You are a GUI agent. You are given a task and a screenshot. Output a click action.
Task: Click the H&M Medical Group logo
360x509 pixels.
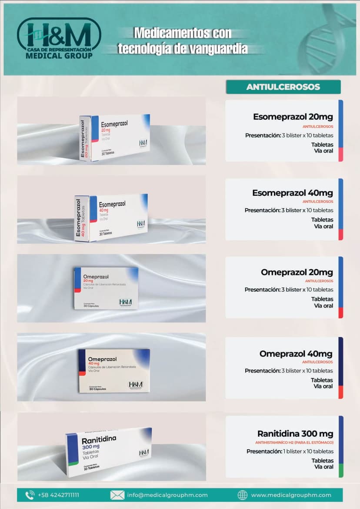[59, 38]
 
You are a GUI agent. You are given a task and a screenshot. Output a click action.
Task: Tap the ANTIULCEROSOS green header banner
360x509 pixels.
[283, 87]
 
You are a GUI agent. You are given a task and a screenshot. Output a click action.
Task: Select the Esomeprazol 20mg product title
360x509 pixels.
[293, 117]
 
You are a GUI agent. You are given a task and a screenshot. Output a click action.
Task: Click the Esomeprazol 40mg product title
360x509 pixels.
[293, 193]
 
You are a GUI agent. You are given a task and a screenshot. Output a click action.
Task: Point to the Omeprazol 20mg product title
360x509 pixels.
[297, 272]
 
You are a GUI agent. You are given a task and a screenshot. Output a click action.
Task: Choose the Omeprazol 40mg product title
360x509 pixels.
[296, 354]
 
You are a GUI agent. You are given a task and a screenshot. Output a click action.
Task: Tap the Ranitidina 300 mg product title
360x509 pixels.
[295, 434]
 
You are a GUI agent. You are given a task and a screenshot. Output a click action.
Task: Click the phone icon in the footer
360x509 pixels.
[30, 495]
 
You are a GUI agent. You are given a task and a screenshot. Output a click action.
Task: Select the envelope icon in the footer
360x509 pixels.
[117, 495]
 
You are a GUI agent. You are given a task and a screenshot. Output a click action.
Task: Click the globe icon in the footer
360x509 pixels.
[243, 495]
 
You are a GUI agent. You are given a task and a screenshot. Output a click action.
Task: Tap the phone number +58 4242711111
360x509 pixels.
[58, 495]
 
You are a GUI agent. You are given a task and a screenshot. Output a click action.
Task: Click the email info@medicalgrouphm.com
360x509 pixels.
[167, 495]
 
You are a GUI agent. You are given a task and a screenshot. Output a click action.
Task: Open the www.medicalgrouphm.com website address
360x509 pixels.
[291, 495]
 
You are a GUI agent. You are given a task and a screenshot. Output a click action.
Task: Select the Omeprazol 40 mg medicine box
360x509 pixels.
[114, 370]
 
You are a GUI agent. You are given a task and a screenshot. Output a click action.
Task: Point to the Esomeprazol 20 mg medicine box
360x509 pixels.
[115, 137]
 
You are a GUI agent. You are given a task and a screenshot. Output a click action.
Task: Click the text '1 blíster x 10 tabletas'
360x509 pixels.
[308, 451]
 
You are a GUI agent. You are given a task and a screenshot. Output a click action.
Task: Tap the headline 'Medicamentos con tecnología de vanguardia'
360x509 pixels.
[183, 41]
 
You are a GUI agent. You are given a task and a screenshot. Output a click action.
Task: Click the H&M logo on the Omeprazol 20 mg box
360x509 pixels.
[126, 301]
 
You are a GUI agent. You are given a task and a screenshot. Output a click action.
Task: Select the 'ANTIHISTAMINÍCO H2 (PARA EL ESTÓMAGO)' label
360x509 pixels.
[294, 442]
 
